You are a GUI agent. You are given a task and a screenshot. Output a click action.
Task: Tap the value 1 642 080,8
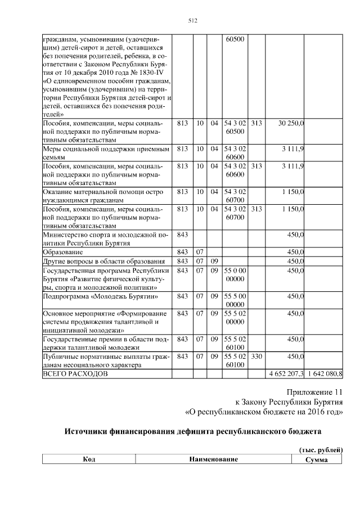(x=325, y=373)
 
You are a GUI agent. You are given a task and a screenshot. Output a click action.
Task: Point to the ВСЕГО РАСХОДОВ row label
(x=74, y=373)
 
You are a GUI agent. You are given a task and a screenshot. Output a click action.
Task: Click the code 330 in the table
(x=256, y=356)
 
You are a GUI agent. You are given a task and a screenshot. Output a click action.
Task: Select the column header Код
(x=89, y=460)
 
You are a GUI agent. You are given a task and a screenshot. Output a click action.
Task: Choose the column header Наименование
(x=213, y=460)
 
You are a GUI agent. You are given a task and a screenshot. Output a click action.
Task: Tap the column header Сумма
(x=316, y=460)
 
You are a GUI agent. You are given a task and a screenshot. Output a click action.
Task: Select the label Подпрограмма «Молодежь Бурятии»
(x=100, y=296)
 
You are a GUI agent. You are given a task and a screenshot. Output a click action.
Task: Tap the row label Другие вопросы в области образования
(x=104, y=261)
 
